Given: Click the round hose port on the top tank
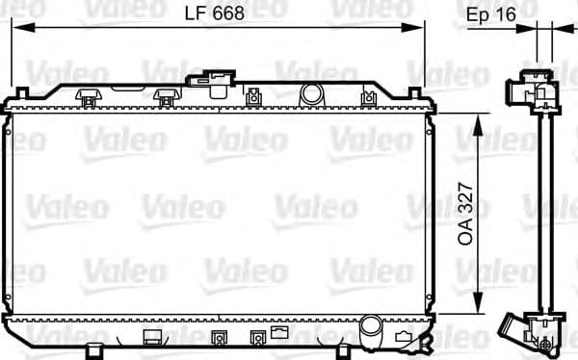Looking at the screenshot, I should pos(310,94).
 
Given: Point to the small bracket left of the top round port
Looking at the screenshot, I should pos(254,95).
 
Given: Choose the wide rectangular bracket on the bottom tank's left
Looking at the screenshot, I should pos(153,336).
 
